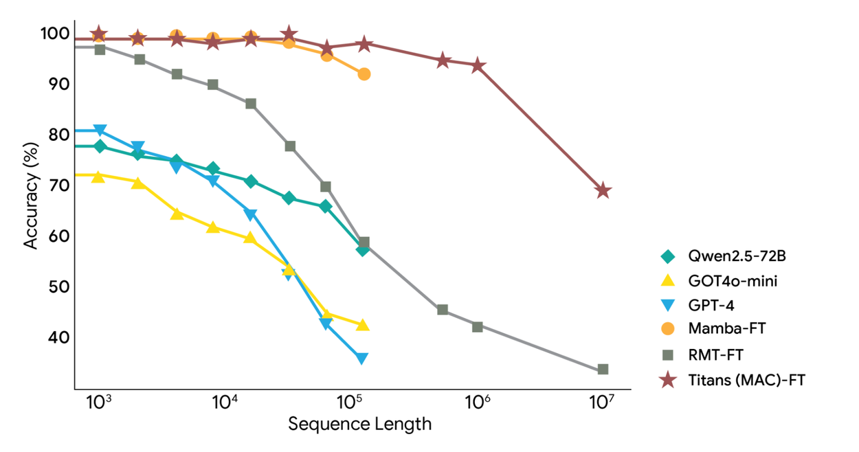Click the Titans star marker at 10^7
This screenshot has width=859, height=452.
pos(603,190)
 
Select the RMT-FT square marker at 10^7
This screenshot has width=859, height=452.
pos(603,370)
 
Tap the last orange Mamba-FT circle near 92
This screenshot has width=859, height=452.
pos(364,74)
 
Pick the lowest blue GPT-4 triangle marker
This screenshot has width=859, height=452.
pos(361,358)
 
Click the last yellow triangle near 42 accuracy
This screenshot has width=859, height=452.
pos(363,325)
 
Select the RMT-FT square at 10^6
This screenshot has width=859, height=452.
pos(478,326)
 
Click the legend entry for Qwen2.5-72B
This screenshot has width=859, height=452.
pos(736,256)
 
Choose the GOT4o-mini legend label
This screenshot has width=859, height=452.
pos(733,280)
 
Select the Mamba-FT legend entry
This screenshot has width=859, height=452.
pos(726,328)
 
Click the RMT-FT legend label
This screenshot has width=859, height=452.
pos(715,355)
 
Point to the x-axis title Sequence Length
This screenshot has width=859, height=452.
pos(359,423)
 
